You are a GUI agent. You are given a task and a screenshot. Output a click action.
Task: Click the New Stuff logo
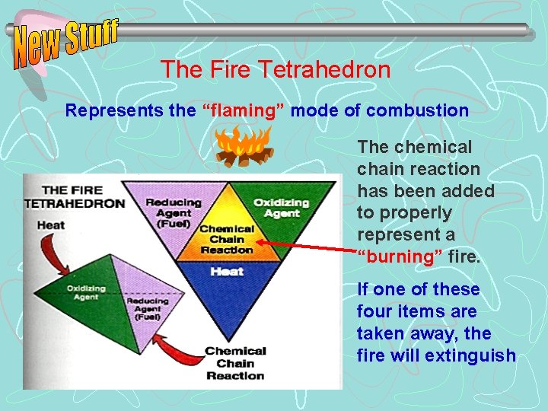(66, 43)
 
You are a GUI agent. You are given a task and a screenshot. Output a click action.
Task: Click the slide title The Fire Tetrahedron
(275, 70)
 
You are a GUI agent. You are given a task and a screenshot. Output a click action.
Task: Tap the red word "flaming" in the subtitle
(243, 110)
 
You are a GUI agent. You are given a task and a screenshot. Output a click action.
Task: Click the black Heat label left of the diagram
(49, 225)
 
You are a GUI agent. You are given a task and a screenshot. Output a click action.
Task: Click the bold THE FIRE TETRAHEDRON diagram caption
(74, 197)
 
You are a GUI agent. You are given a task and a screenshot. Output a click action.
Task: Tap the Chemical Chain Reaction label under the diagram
(235, 363)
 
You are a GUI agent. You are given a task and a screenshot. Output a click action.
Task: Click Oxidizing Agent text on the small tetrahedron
(86, 293)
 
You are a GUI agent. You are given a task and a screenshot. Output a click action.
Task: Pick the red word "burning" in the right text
(400, 256)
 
